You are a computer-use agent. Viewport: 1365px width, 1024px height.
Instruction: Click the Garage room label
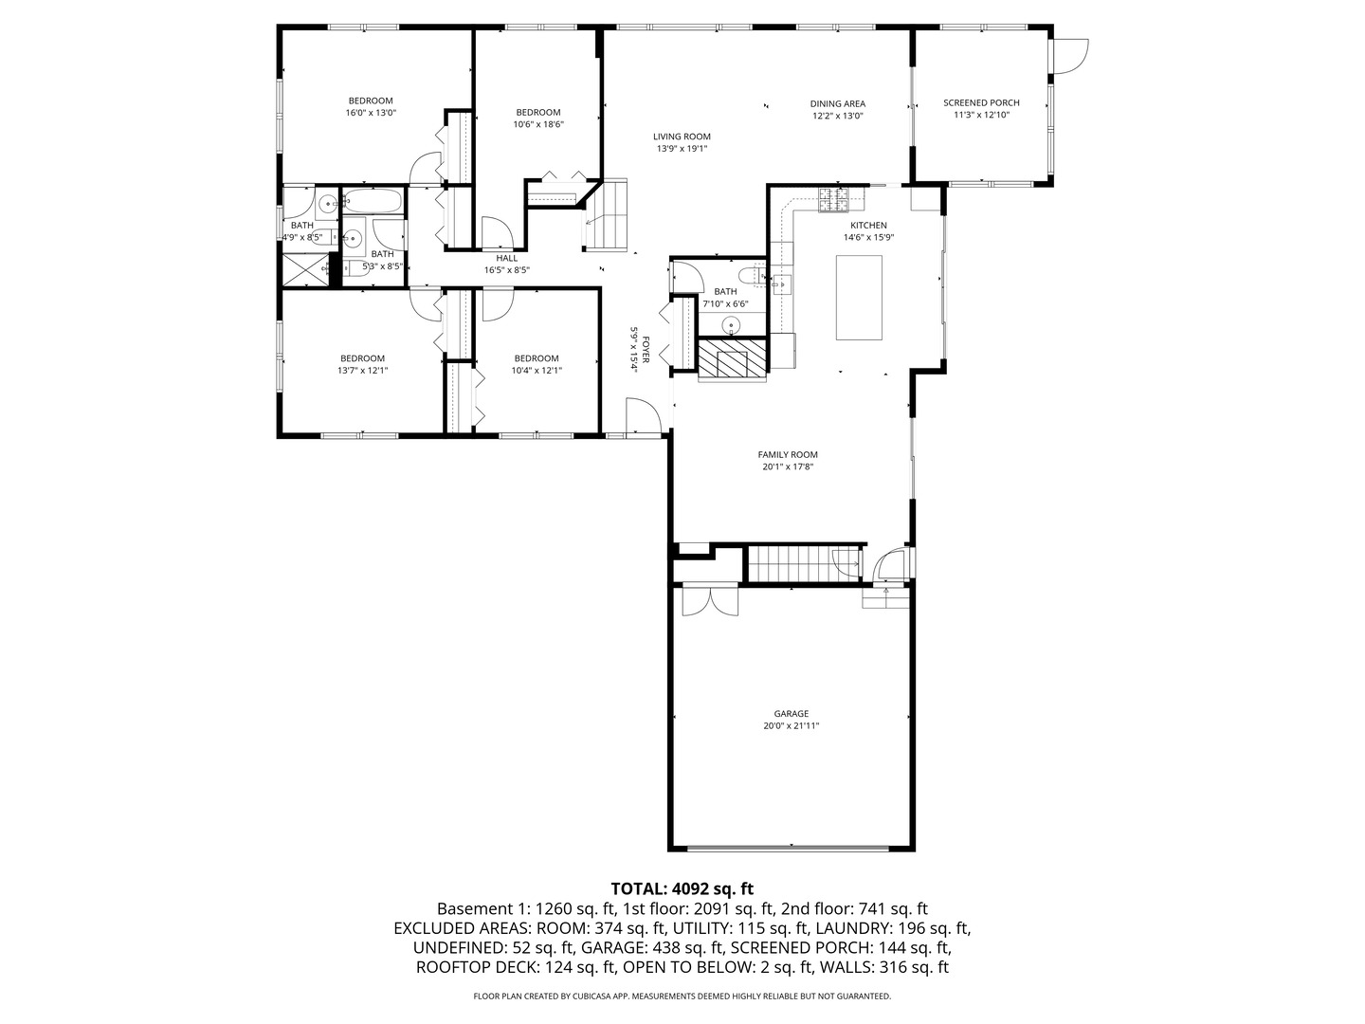pos(791,713)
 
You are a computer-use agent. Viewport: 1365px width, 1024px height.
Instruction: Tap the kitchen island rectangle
pos(858,297)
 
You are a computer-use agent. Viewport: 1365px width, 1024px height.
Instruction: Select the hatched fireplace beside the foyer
pos(732,358)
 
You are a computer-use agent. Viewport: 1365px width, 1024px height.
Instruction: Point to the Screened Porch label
pos(981,102)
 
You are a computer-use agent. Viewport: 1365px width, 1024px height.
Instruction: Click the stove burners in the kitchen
pos(833,199)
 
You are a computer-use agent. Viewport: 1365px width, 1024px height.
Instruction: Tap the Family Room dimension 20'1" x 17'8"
pos(788,466)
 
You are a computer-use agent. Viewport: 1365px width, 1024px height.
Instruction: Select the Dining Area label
pos(838,104)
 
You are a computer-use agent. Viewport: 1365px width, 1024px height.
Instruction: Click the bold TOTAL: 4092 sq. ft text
pos(682,887)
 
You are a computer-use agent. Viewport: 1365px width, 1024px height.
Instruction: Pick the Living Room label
pos(682,137)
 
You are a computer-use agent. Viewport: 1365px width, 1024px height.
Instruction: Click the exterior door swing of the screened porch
pos(1069,57)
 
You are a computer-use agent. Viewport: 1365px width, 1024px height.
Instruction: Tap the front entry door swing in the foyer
pos(643,415)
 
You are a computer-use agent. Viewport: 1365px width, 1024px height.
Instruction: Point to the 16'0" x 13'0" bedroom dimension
pos(371,113)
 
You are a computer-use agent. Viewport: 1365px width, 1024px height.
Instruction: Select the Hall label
pos(507,258)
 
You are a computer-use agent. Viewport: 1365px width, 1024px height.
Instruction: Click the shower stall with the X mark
pos(306,270)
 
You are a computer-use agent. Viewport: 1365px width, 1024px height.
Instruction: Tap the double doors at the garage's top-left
pos(710,600)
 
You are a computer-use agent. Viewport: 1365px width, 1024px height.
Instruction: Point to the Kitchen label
pos(868,225)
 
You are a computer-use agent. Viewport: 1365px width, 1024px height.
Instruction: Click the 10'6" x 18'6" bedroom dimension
pos(538,123)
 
